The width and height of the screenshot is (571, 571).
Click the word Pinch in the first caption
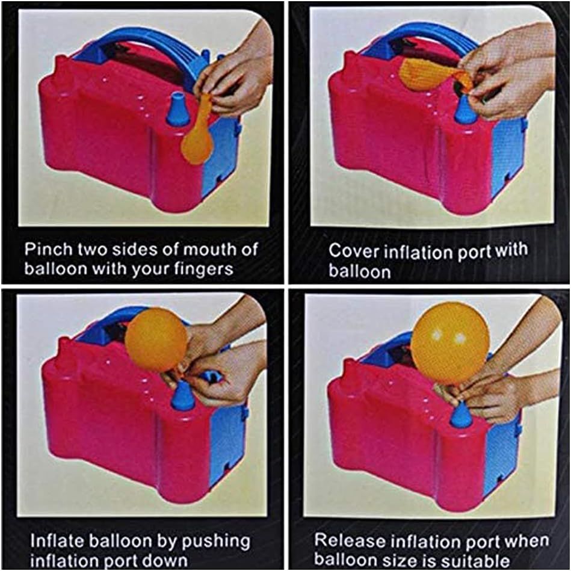click(48, 249)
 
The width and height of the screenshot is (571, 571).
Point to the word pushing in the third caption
click(216, 542)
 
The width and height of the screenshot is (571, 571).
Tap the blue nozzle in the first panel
click(178, 109)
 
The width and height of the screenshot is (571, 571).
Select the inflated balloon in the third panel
click(156, 341)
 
